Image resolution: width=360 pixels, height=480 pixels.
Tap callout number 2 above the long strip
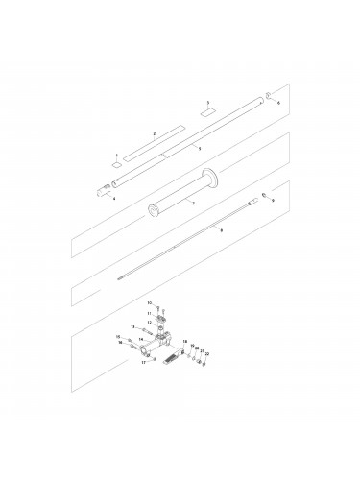(154, 133)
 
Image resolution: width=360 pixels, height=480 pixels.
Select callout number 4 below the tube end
(114, 198)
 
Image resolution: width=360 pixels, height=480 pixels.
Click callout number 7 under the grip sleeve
(193, 204)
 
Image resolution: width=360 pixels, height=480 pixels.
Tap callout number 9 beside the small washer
(274, 200)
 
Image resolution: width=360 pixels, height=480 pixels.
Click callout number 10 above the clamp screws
(149, 302)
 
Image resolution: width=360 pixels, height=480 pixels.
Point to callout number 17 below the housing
(142, 363)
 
